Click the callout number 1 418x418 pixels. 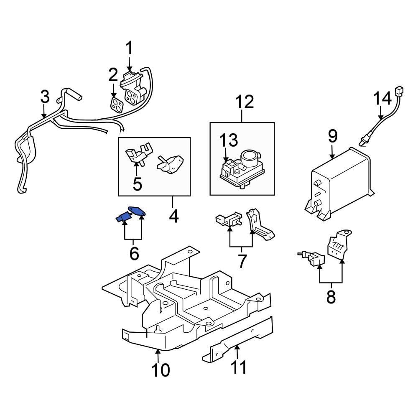129,48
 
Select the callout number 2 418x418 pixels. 113,75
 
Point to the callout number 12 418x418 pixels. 244,102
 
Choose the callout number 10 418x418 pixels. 161,370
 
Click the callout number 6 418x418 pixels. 134,253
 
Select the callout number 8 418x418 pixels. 331,297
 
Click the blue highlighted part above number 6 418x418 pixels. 131,215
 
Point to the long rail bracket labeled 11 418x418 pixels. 238,339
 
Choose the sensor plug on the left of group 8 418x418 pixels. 311,259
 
